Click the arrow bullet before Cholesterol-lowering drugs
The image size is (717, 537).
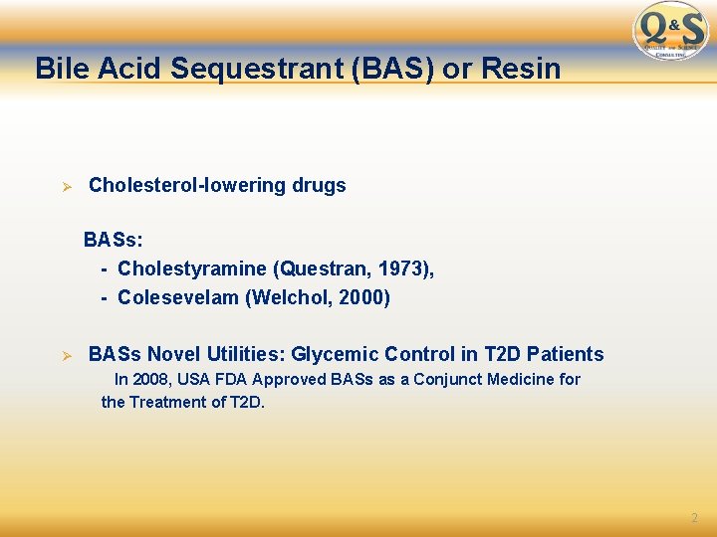point(67,186)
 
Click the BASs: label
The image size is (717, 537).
point(113,240)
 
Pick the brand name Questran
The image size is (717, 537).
point(325,268)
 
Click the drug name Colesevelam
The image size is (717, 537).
point(179,297)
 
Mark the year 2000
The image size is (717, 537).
point(362,297)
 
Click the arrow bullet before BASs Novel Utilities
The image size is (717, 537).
point(67,355)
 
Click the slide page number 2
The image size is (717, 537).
point(694,518)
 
